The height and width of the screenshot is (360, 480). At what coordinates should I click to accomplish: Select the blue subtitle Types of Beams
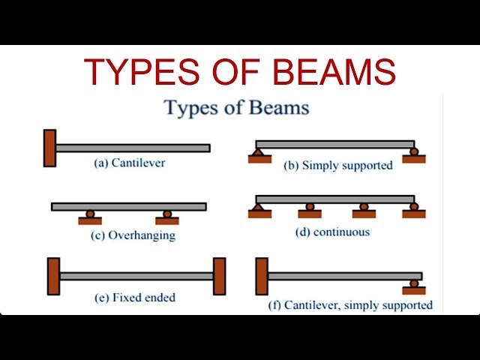click(236, 107)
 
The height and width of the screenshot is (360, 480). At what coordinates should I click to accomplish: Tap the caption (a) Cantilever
click(129, 162)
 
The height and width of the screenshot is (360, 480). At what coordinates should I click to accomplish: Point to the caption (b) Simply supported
click(338, 165)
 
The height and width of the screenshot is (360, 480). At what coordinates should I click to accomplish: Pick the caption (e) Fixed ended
click(135, 298)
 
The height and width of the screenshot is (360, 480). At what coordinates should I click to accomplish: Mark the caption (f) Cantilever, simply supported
click(350, 305)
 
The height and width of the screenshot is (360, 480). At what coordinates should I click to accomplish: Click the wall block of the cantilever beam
click(49, 148)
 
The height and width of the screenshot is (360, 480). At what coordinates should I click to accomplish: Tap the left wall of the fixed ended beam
click(53, 276)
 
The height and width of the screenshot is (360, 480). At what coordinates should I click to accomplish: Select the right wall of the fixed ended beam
click(219, 276)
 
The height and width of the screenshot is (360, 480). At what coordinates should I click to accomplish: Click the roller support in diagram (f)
click(413, 286)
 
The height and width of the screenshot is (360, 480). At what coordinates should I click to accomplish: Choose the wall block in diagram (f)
click(262, 276)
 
